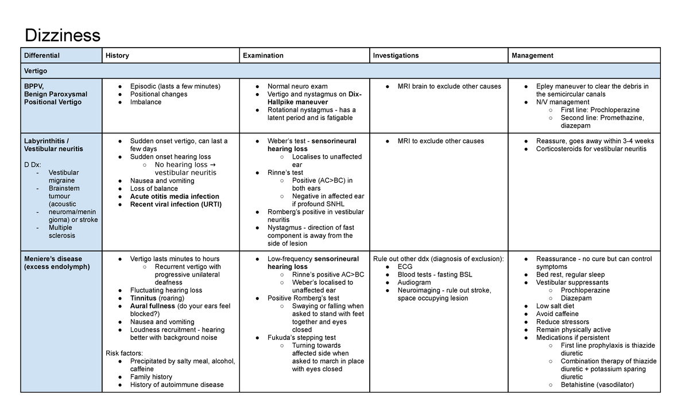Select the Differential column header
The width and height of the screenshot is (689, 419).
tap(42, 56)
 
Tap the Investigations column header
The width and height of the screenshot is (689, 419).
tap(396, 56)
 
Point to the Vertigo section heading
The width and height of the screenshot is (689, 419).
tap(36, 71)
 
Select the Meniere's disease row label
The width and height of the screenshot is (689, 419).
tap(53, 259)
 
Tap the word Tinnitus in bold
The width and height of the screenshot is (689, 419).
tap(143, 298)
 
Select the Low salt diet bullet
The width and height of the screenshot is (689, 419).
tap(555, 306)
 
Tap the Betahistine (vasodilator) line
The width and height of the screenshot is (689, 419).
tap(597, 385)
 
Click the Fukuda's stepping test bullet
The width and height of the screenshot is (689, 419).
tap(301, 338)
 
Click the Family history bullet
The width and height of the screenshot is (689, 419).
tap(151, 377)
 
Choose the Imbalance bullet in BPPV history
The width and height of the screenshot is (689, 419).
tap(146, 102)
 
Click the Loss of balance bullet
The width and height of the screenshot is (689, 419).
tap(154, 189)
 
